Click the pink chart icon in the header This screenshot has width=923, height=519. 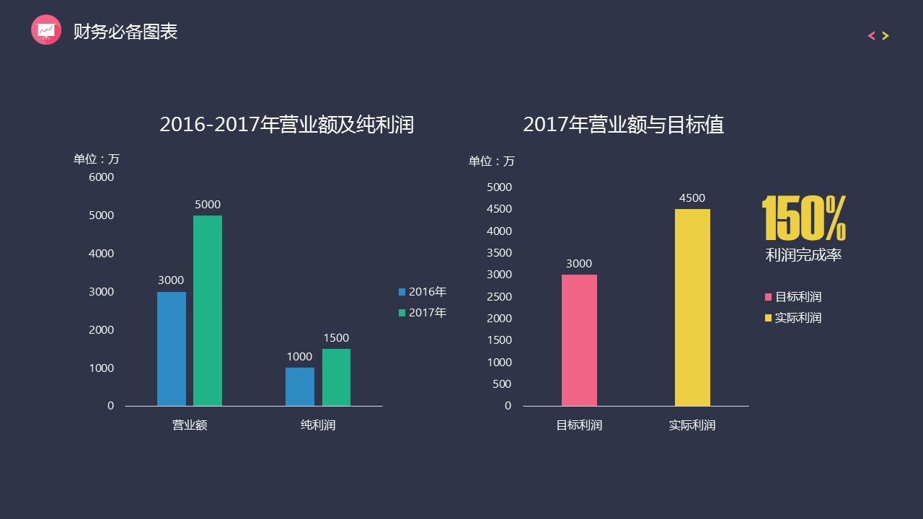point(46,30)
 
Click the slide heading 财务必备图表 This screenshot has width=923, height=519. point(125,32)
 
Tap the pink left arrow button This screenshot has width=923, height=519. point(871,36)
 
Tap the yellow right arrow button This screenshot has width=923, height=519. point(886,36)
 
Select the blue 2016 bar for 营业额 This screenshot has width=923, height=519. point(172,349)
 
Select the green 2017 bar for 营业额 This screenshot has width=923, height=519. point(208,311)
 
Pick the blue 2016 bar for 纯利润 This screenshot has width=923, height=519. point(300,387)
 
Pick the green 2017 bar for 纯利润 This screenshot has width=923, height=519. point(336,378)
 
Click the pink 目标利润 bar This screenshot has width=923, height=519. point(579,340)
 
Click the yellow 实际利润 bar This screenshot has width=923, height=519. point(692,308)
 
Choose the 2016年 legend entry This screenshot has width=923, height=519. point(423,292)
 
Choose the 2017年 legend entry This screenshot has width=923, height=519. point(423,313)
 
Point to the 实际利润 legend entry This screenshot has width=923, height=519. point(793,318)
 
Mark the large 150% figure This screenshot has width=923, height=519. point(804,218)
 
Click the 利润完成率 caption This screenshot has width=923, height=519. point(803,255)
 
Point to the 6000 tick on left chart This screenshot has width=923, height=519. point(101,177)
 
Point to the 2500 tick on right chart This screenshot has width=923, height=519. point(499,297)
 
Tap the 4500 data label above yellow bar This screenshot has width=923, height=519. point(692,198)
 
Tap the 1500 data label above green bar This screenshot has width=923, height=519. point(336,338)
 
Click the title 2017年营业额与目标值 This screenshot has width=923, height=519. point(624,125)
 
